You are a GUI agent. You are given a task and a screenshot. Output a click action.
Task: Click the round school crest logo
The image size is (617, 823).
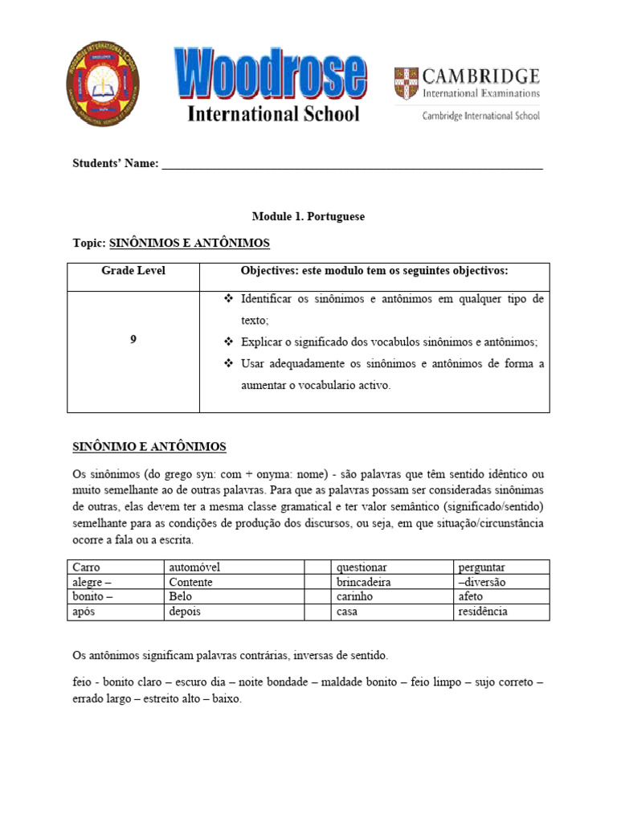tap(103, 83)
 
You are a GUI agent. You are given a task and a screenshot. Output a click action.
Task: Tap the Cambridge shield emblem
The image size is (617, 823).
tap(406, 83)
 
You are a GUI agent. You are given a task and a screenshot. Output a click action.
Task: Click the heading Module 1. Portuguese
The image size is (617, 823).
tap(308, 217)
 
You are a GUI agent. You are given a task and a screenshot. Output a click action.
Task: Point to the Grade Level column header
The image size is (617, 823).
tap(133, 271)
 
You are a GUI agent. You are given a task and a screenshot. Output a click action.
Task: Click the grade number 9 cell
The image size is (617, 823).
tap(133, 340)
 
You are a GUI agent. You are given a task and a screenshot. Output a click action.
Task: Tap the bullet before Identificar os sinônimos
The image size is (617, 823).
tap(227, 299)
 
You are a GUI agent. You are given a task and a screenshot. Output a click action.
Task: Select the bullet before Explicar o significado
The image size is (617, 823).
tap(227, 341)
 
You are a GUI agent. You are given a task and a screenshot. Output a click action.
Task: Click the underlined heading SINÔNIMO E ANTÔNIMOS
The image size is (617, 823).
tap(149, 447)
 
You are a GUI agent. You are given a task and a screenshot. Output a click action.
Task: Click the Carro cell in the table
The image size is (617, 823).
tap(86, 567)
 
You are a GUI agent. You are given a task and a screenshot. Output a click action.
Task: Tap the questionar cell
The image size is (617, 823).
tap(362, 567)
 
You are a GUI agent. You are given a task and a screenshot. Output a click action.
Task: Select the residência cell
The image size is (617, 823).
tap(482, 612)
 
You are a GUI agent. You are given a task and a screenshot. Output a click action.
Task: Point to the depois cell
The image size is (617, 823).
tap(185, 612)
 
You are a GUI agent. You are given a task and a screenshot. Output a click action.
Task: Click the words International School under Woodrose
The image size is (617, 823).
tap(273, 114)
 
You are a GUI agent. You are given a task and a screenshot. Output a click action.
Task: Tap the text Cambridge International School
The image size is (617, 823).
tap(481, 116)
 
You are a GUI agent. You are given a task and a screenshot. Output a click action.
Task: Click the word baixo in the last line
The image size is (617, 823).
tap(227, 699)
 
